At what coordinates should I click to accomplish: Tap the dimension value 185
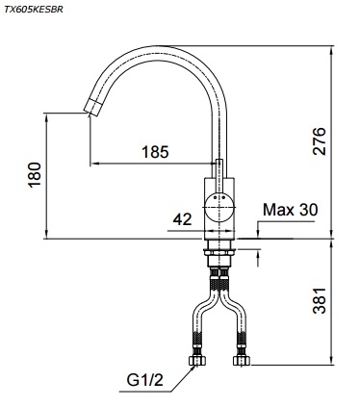click(153, 151)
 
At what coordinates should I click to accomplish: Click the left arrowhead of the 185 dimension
click(92, 162)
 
